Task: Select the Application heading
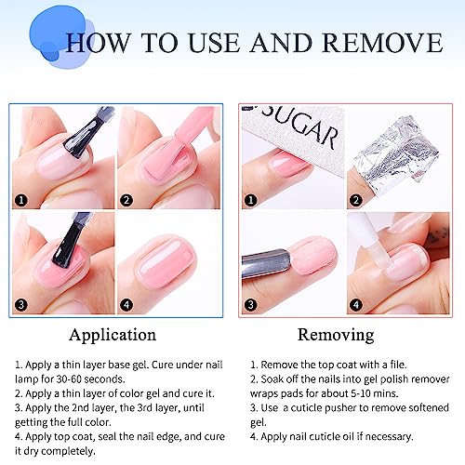pos(113,333)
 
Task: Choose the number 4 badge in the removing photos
pos(354,302)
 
